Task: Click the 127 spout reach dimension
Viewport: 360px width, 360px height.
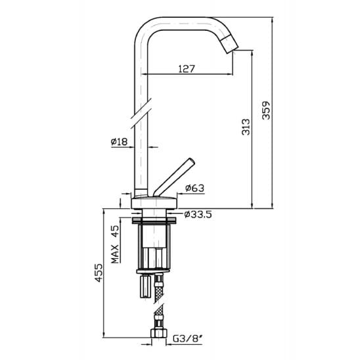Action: click(187, 68)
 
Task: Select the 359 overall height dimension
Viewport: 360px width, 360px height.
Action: click(266, 110)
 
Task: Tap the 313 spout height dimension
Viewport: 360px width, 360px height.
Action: click(246, 127)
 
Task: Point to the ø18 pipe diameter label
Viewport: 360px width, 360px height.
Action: click(119, 142)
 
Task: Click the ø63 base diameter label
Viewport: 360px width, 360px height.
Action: click(194, 188)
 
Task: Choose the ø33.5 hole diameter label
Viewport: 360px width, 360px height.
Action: click(198, 214)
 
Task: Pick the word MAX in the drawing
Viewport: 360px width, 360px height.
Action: click(115, 254)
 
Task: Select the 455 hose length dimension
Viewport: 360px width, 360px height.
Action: click(99, 273)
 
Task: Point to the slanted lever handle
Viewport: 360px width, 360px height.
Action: click(174, 177)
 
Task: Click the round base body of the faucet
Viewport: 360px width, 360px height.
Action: click(154, 203)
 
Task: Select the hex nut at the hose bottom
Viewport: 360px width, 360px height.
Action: click(159, 332)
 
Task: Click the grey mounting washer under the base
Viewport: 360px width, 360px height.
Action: click(154, 221)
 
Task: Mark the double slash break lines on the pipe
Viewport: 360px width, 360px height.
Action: click(141, 114)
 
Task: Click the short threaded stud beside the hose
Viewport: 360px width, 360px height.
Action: click(145, 287)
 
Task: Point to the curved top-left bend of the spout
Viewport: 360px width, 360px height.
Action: click(143, 28)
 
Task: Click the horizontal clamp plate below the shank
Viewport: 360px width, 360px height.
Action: click(153, 271)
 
